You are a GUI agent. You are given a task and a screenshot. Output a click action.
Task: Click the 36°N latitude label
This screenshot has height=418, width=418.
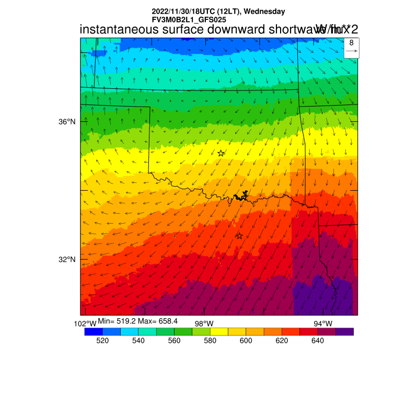67,122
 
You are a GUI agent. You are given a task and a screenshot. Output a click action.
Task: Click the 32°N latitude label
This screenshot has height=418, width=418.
67,260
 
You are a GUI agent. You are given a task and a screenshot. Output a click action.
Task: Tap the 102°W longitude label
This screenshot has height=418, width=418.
85,324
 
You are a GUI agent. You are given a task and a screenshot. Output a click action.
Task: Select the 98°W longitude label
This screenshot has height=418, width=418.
204,323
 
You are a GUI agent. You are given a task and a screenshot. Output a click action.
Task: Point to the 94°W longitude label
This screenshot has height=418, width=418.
322,323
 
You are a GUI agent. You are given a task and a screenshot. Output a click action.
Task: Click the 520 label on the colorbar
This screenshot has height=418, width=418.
102,341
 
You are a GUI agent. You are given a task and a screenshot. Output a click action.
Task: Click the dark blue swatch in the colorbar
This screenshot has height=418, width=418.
94,331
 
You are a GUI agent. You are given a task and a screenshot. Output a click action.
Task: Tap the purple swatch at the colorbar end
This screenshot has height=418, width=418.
345,331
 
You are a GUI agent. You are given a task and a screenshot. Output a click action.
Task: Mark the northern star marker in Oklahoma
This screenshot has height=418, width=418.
221,153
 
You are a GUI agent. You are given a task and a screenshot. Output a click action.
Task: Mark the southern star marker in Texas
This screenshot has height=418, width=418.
239,236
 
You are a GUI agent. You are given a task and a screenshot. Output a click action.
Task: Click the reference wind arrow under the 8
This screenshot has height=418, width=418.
351,51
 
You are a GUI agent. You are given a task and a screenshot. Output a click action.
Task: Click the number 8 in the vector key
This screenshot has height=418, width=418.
351,43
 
